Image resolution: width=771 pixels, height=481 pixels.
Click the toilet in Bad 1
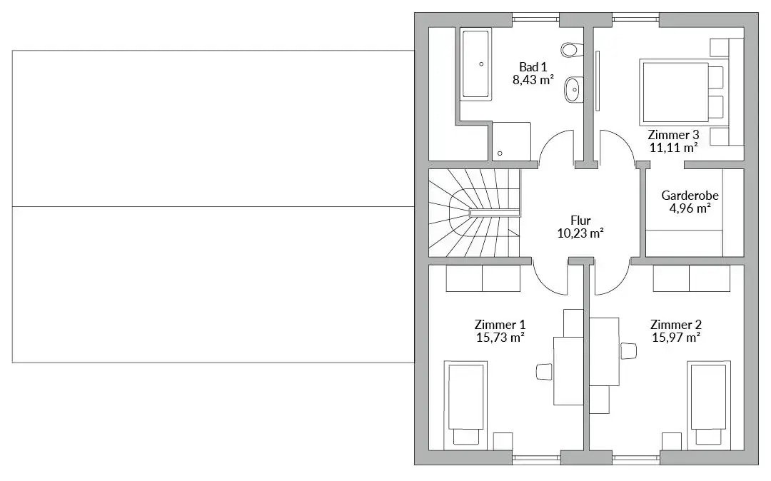tap(571, 50)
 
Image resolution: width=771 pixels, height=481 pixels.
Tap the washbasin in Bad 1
tap(573, 89)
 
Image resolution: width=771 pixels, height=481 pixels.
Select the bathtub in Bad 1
tap(475, 64)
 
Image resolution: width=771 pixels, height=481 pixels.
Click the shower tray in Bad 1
tap(510, 141)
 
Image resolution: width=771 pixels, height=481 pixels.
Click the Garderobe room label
tap(690, 195)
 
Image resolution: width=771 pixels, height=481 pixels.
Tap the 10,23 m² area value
tap(580, 233)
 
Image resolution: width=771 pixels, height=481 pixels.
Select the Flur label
tap(580, 221)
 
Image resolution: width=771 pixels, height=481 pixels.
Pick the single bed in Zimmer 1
tap(465, 405)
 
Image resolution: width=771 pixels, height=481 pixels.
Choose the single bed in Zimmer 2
tap(709, 405)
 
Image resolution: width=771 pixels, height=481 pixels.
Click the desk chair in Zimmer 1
tap(544, 371)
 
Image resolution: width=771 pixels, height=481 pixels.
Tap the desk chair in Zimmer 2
tap(628, 351)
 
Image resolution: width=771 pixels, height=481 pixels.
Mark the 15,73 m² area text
tap(500, 338)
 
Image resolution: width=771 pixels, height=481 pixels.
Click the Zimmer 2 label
tap(676, 325)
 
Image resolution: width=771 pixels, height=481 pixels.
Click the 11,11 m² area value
tap(674, 148)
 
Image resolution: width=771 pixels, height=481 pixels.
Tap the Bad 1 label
tap(533, 67)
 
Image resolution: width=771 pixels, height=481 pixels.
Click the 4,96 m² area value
tap(690, 208)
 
